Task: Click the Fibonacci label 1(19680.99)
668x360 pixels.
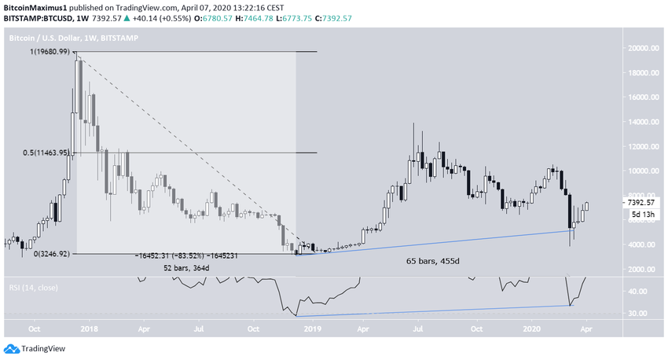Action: pyautogui.click(x=44, y=51)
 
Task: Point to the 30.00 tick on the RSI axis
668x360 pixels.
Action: pyautogui.click(x=638, y=314)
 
